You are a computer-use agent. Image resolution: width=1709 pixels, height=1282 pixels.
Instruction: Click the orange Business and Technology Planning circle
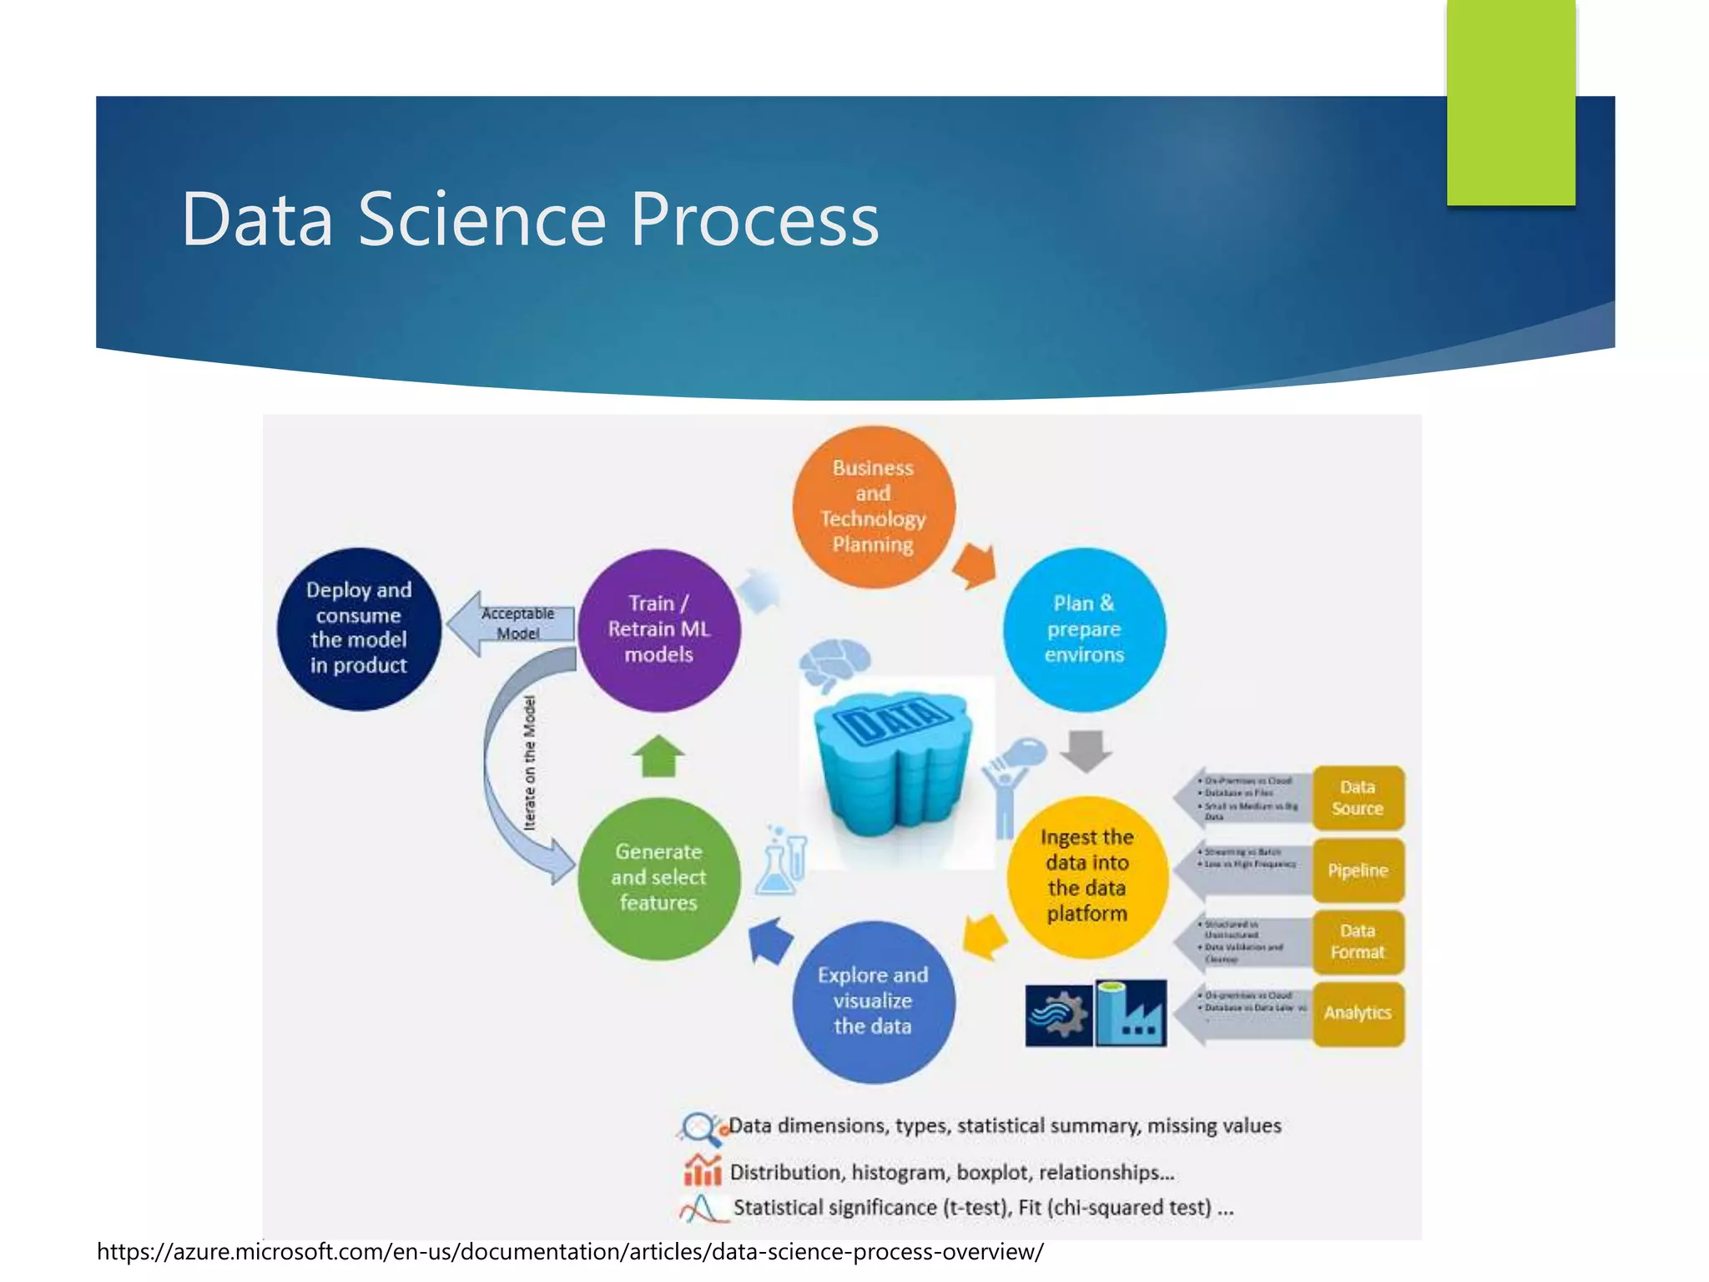873,507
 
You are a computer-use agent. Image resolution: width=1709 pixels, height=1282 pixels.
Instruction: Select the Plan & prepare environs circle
1084,629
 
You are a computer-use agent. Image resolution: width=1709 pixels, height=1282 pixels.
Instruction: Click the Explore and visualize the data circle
873,1001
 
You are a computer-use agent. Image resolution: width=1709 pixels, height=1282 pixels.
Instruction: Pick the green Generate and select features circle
658,877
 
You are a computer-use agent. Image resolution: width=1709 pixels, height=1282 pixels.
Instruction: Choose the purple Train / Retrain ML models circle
658,629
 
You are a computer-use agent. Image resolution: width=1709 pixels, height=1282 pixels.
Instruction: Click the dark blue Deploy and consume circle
359,628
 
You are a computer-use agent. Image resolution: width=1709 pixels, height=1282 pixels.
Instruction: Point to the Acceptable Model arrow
511,623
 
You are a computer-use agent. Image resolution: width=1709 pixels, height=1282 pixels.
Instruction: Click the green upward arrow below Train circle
658,755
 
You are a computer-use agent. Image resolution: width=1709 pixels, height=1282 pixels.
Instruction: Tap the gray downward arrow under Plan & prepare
1086,750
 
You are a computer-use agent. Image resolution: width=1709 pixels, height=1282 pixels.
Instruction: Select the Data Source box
1358,798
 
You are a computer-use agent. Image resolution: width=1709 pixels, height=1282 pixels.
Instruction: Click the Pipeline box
1358,871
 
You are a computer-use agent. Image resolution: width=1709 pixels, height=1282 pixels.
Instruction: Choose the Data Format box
1358,941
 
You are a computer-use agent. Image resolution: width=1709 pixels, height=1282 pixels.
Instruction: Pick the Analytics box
1358,1013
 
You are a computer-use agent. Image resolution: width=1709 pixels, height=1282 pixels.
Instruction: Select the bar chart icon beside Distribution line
702,1170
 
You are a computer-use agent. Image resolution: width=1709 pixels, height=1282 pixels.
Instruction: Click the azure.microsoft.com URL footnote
570,1252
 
